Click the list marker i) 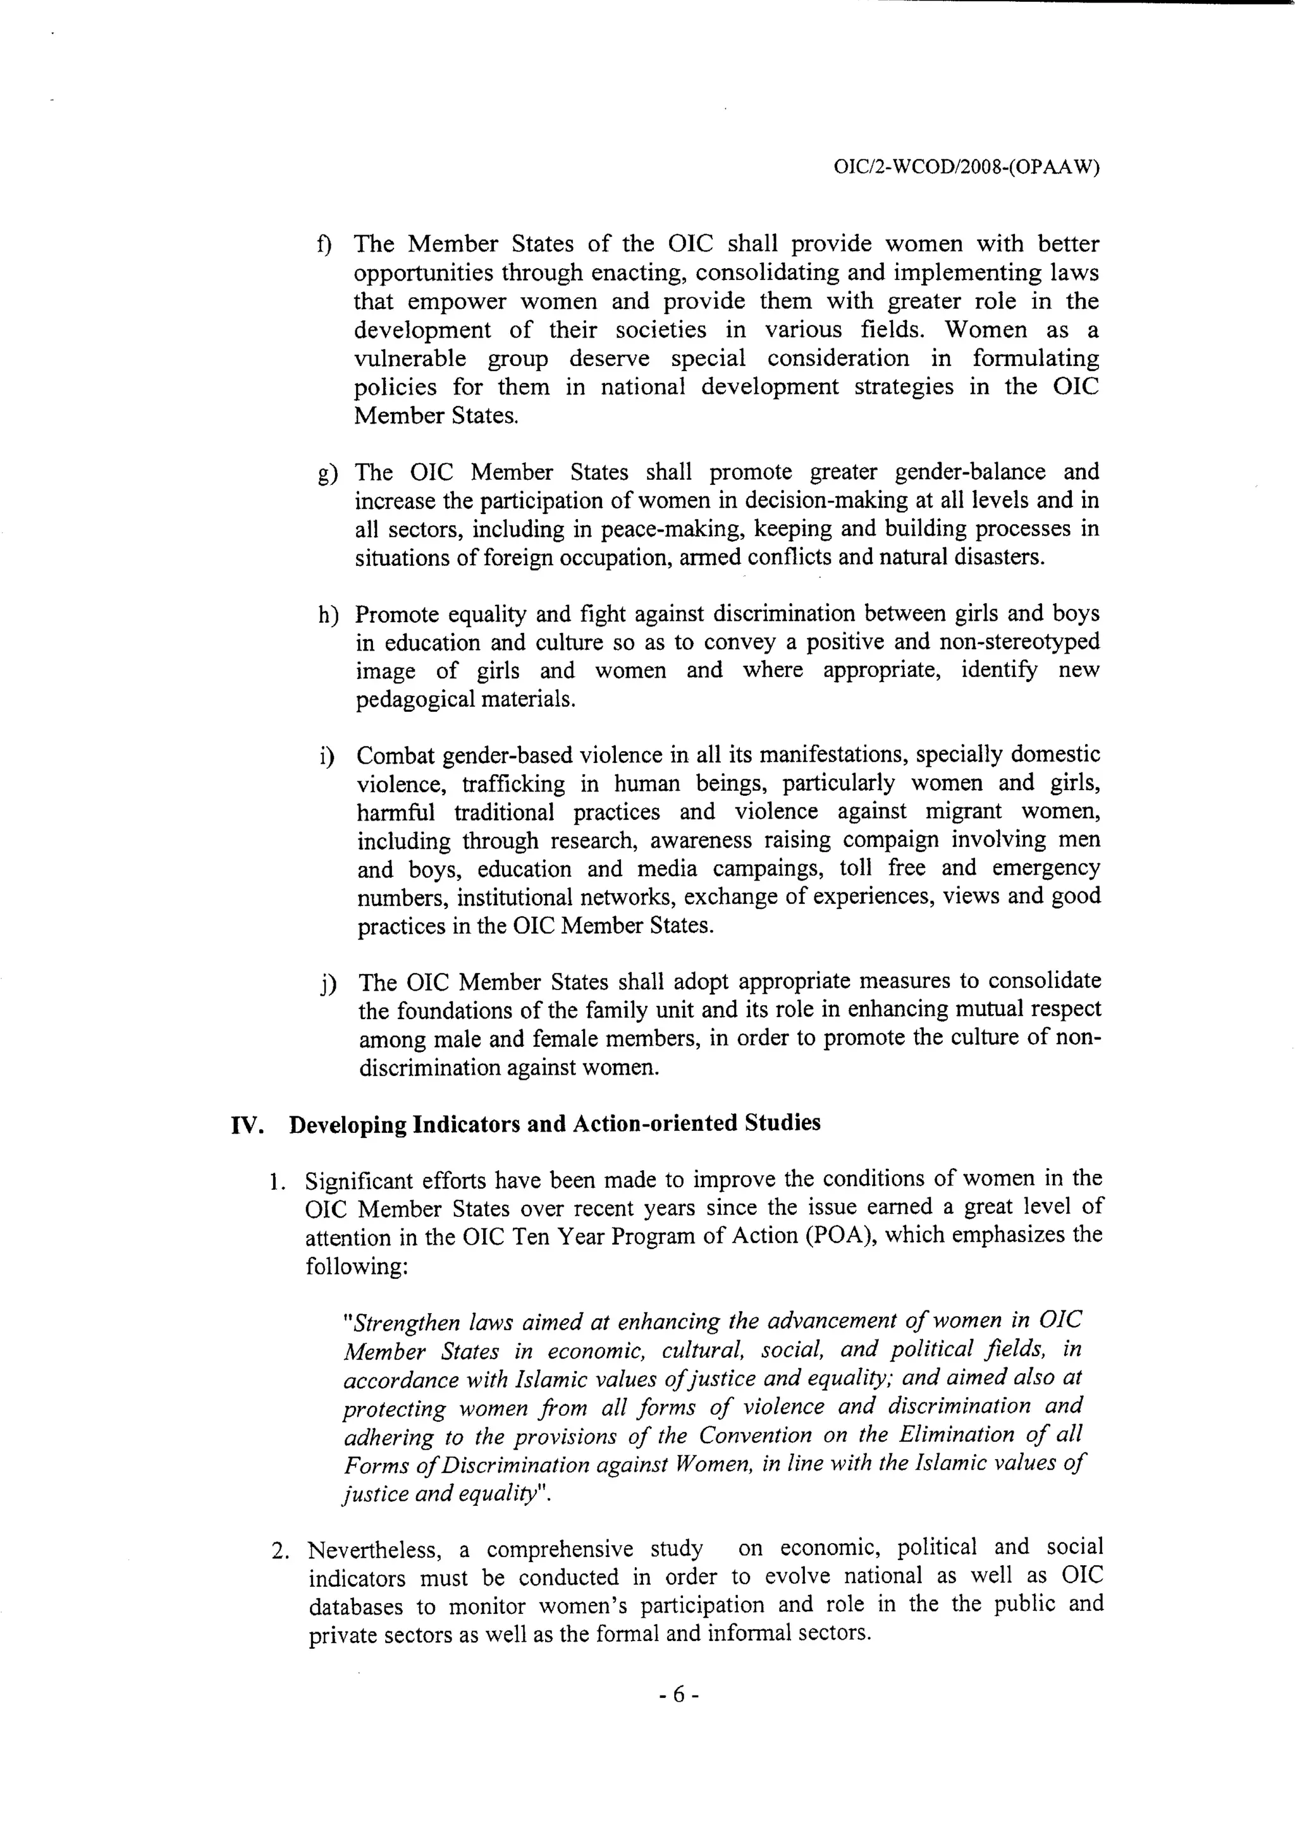(326, 755)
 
